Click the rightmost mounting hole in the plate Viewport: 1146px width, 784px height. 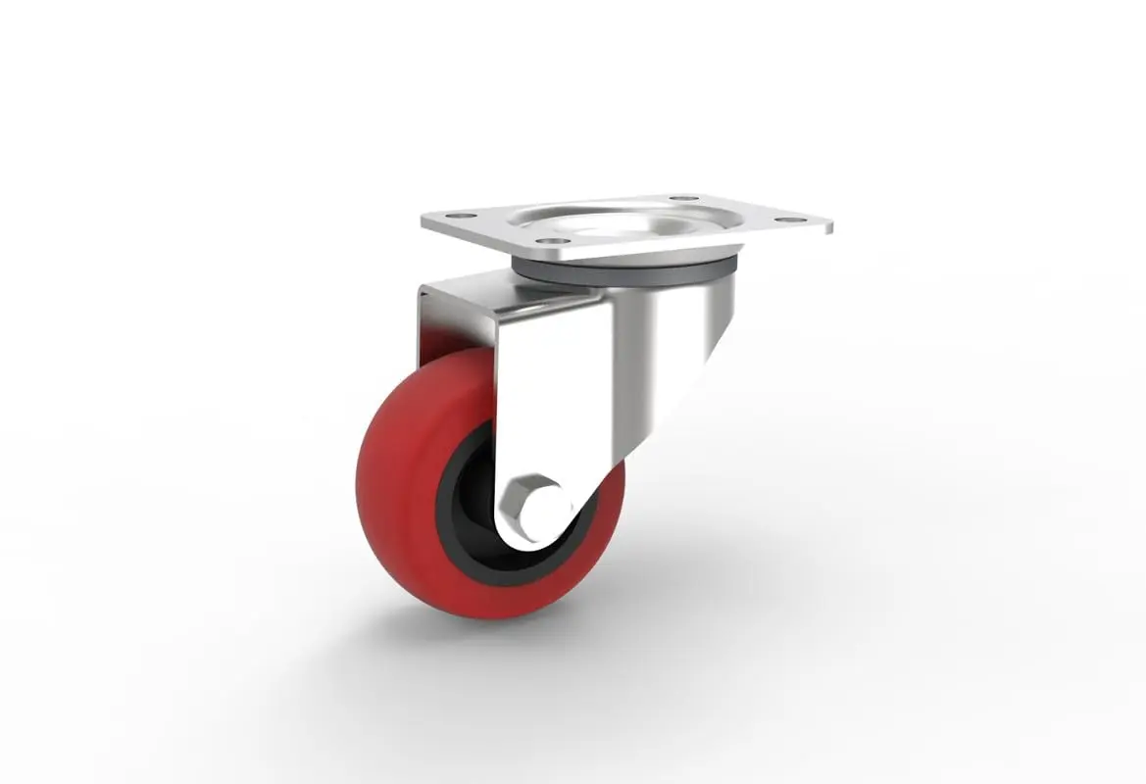(785, 219)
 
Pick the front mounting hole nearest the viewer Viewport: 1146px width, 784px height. (553, 239)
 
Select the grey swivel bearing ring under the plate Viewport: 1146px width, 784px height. (627, 269)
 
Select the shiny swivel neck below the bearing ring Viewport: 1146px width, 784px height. (686, 314)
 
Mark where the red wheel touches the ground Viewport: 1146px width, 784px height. (490, 616)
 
